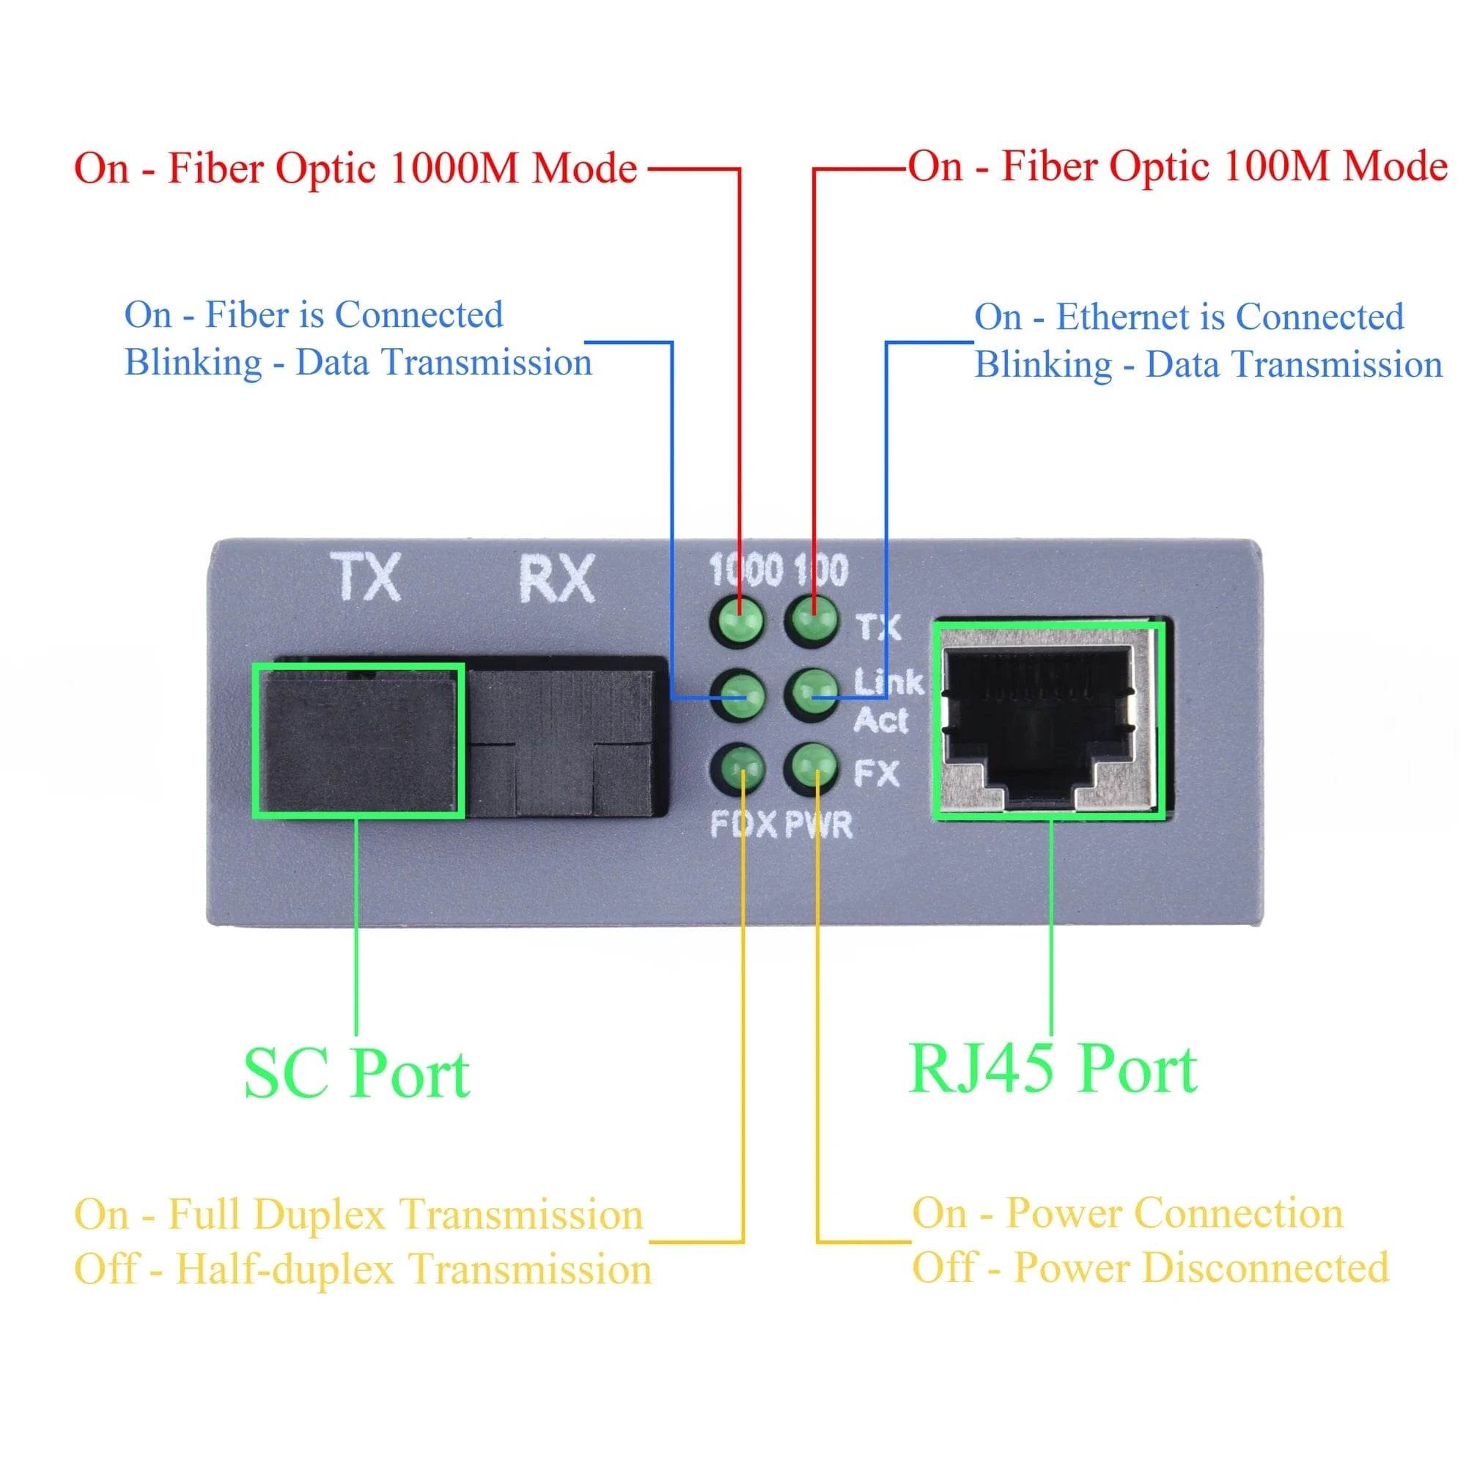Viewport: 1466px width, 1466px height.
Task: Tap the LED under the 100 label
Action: click(814, 620)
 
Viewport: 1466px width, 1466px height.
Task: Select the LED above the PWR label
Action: click(814, 767)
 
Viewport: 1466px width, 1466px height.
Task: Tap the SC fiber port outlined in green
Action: click(358, 740)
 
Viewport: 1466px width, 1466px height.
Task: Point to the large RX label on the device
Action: click(556, 579)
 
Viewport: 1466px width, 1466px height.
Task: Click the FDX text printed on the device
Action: click(743, 825)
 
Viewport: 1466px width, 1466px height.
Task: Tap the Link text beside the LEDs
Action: click(888, 682)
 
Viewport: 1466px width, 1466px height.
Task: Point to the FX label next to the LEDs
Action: click(877, 774)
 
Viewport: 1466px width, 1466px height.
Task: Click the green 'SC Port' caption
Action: click(357, 1075)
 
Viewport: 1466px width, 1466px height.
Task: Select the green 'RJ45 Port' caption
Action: click(1053, 1070)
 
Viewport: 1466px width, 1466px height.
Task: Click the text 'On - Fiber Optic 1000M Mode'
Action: click(355, 169)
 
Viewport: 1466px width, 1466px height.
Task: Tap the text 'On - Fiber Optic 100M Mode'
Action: click(1177, 167)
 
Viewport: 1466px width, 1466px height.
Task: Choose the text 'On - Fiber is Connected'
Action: click(314, 315)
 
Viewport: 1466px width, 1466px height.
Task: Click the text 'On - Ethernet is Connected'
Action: click(1188, 317)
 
